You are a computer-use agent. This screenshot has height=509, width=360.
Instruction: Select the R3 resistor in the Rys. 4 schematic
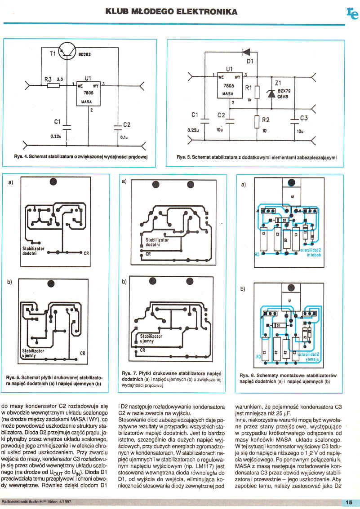[x=53, y=84]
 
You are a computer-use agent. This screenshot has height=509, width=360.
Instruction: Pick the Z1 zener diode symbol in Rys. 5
[x=271, y=93]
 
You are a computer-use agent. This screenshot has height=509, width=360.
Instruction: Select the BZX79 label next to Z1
[x=285, y=90]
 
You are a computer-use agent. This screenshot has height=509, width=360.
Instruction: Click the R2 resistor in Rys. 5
[x=257, y=121]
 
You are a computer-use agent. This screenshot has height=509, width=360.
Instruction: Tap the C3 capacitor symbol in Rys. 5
[x=295, y=119]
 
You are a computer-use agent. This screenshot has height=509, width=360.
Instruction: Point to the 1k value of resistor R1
[x=249, y=101]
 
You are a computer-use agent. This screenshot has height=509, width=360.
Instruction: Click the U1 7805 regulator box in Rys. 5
[x=229, y=85]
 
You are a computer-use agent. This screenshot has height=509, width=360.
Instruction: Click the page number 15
[x=349, y=502]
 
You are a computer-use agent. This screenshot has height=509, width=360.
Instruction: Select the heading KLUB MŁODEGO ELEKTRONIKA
[x=171, y=11]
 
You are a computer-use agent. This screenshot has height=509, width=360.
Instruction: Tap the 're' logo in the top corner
[x=352, y=14]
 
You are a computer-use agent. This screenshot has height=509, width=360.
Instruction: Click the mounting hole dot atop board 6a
[x=53, y=182]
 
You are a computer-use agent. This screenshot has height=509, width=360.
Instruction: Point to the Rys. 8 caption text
[x=288, y=378]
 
